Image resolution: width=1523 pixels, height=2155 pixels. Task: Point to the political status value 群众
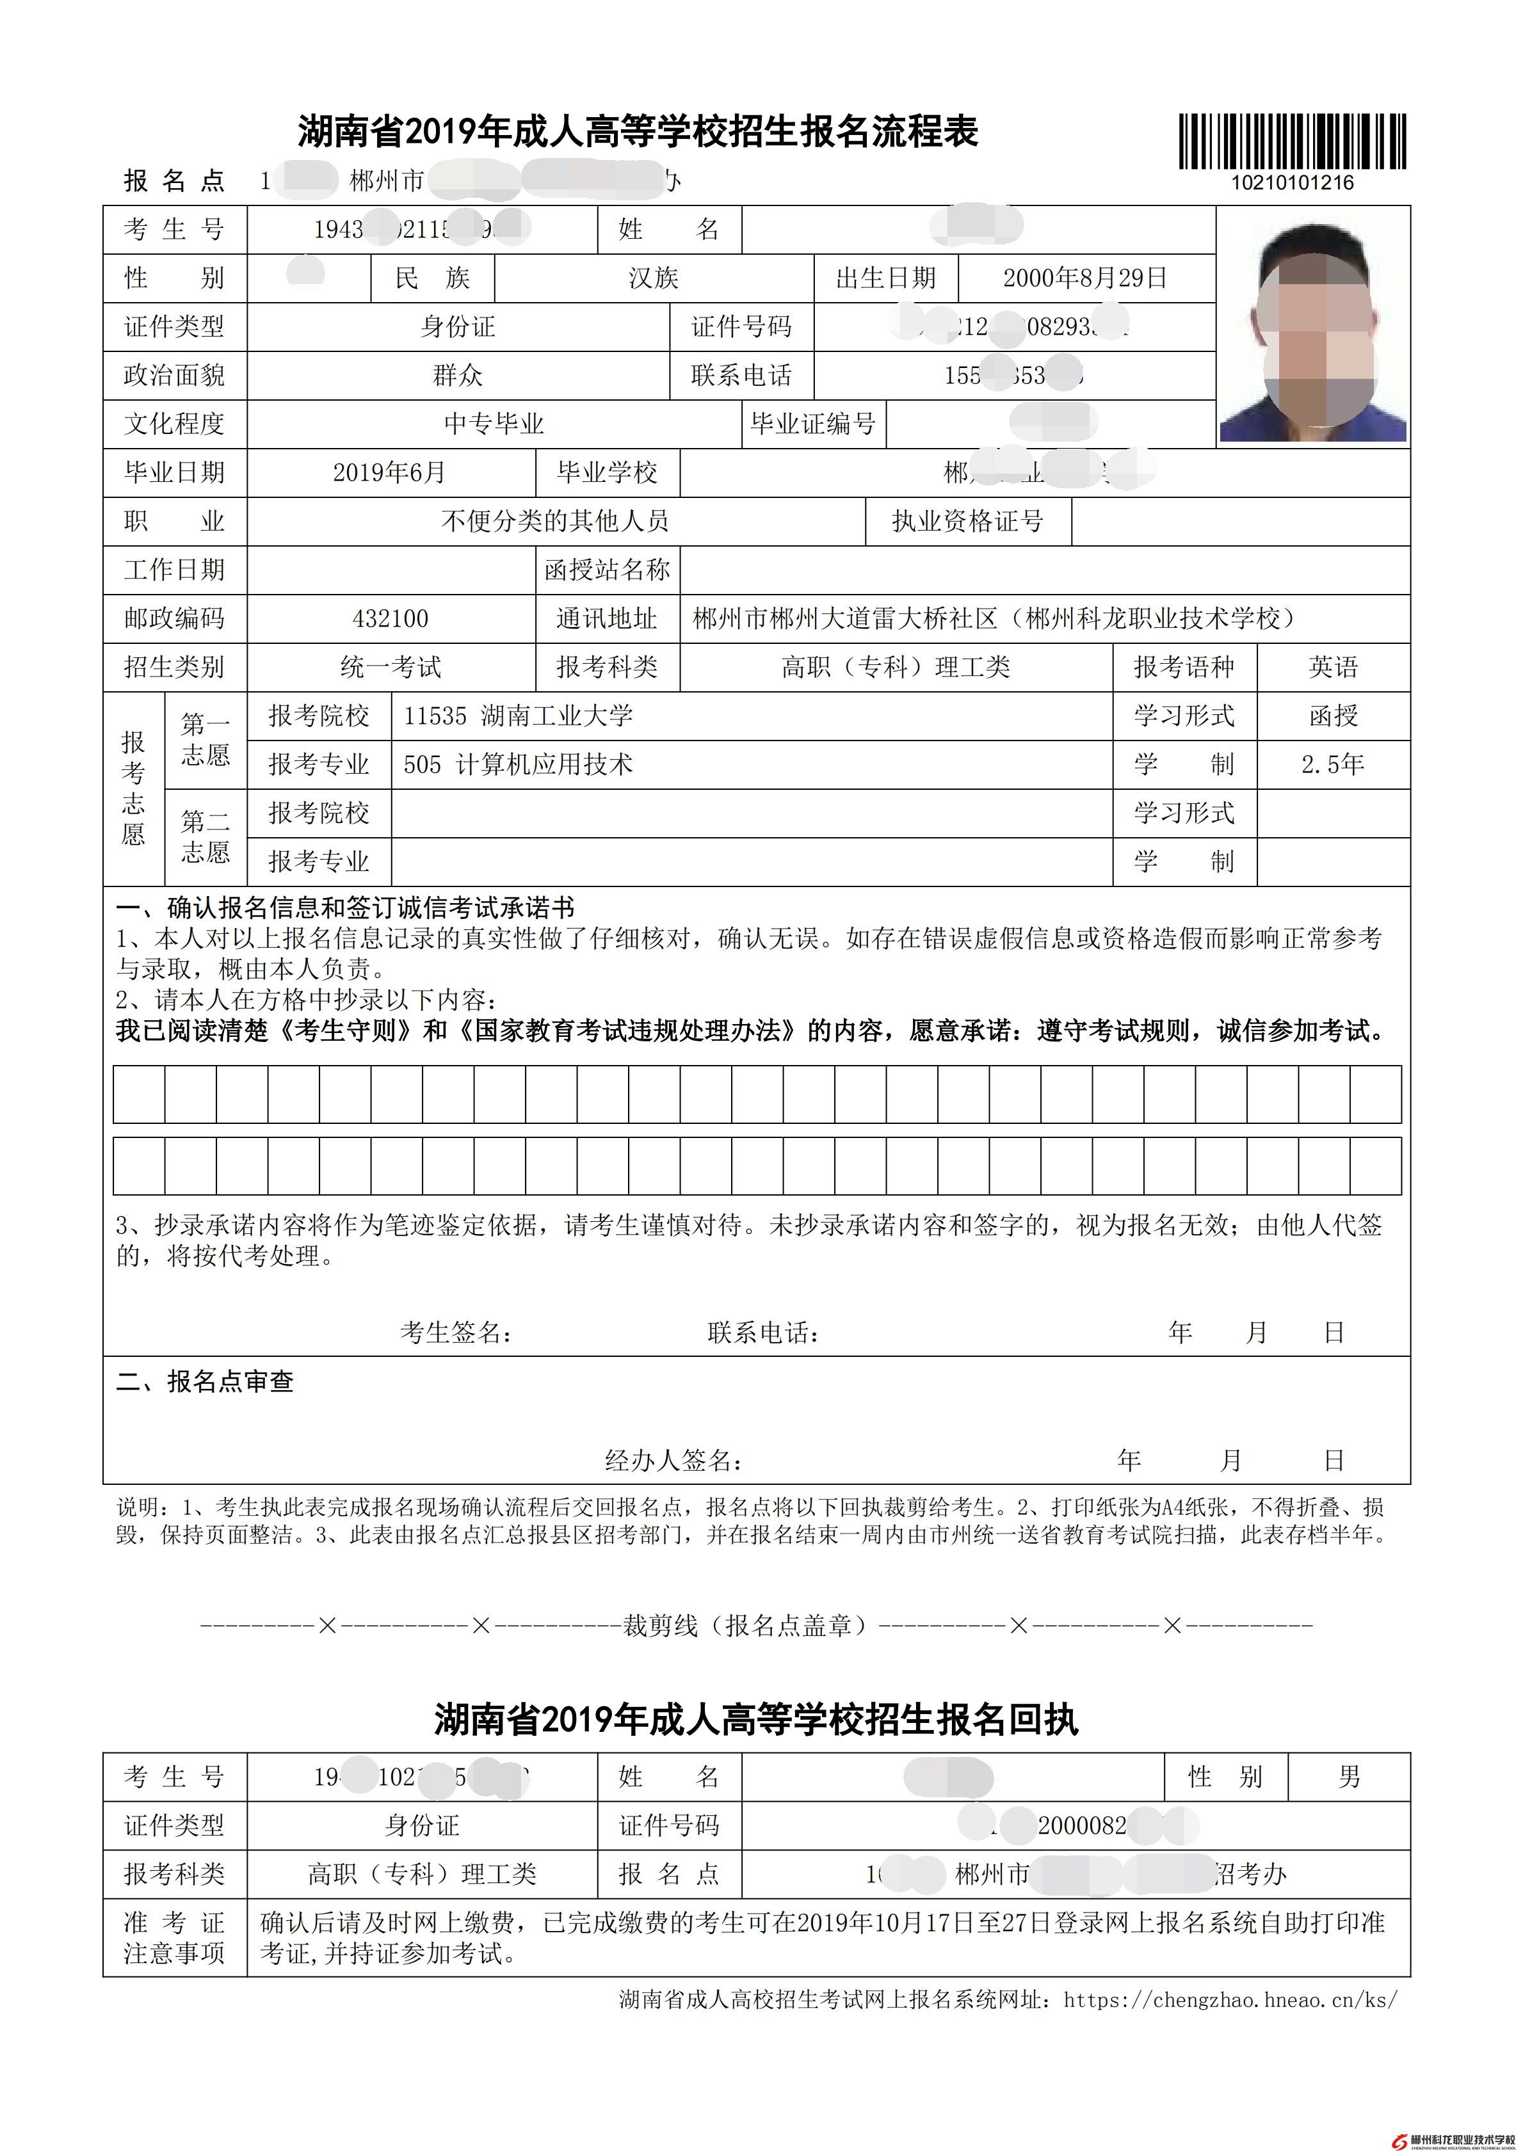[x=457, y=376]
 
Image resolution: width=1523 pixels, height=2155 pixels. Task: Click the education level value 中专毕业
[x=494, y=424]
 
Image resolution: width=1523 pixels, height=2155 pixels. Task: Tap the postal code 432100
[x=391, y=618]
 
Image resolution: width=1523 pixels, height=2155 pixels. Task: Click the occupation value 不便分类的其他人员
[x=555, y=521]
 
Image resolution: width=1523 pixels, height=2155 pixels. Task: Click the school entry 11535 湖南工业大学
[x=519, y=716]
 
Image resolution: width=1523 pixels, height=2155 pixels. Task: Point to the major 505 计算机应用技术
[x=519, y=765]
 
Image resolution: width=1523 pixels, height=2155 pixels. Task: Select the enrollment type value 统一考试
[x=391, y=668]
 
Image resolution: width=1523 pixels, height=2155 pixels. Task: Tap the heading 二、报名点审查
[x=205, y=1382]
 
